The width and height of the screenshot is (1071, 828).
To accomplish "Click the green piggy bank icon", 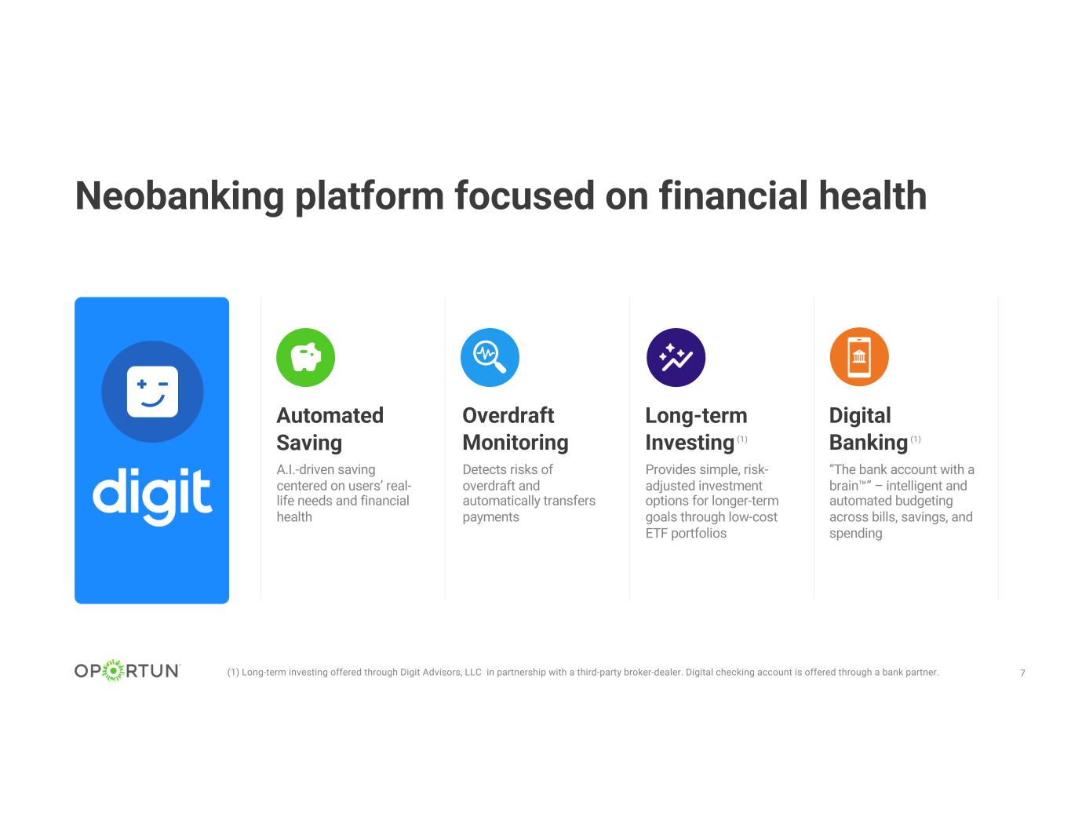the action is (x=305, y=357).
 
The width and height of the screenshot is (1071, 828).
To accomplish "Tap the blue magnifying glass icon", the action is (x=490, y=357).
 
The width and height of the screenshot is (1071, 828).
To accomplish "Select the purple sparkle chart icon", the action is (x=676, y=357).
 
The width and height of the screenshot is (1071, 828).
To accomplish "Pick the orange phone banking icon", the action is (x=859, y=357).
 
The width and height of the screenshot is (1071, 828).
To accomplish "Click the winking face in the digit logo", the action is (x=152, y=392).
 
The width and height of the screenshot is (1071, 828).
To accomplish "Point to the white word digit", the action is (x=152, y=494).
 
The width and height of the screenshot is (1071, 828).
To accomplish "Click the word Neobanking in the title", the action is (x=180, y=197).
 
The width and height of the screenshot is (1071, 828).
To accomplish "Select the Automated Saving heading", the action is (x=330, y=429).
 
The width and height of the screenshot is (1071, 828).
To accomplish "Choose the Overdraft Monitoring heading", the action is (x=515, y=429).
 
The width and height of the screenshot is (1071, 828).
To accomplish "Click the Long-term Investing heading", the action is (x=696, y=429).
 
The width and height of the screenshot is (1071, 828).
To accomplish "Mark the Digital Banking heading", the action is (x=869, y=429).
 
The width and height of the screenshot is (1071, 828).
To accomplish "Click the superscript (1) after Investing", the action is (x=741, y=440).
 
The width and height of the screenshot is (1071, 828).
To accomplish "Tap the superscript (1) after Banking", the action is (x=916, y=440).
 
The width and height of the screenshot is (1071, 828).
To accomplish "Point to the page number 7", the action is (x=1022, y=673).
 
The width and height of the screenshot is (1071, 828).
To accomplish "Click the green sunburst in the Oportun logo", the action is (x=114, y=670).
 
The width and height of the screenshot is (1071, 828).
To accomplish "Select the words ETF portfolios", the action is (x=686, y=533).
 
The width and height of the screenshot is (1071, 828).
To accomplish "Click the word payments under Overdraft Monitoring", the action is (x=490, y=517).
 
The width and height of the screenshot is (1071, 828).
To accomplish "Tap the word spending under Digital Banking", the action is (x=855, y=534).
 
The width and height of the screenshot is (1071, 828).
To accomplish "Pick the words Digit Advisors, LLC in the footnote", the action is (x=441, y=673).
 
